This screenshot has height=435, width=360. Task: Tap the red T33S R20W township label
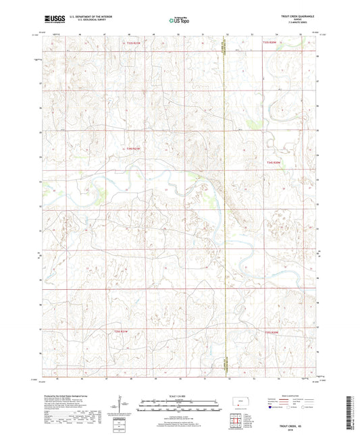[270, 43]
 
